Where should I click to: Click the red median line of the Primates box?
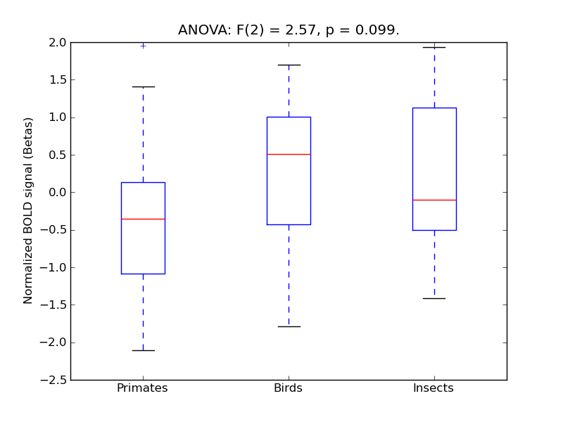(143, 219)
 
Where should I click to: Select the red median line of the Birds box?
(289, 154)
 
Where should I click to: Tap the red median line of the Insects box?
(434, 200)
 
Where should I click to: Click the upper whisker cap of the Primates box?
(143, 87)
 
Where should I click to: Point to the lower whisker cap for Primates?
(143, 350)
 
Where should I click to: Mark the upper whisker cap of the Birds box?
(289, 65)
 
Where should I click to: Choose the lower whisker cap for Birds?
(289, 326)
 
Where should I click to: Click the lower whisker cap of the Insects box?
(434, 298)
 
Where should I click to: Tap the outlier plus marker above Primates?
(143, 45)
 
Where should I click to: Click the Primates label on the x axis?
(142, 388)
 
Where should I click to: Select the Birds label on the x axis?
(288, 388)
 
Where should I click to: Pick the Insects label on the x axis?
(434, 388)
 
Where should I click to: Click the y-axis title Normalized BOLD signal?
(28, 211)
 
